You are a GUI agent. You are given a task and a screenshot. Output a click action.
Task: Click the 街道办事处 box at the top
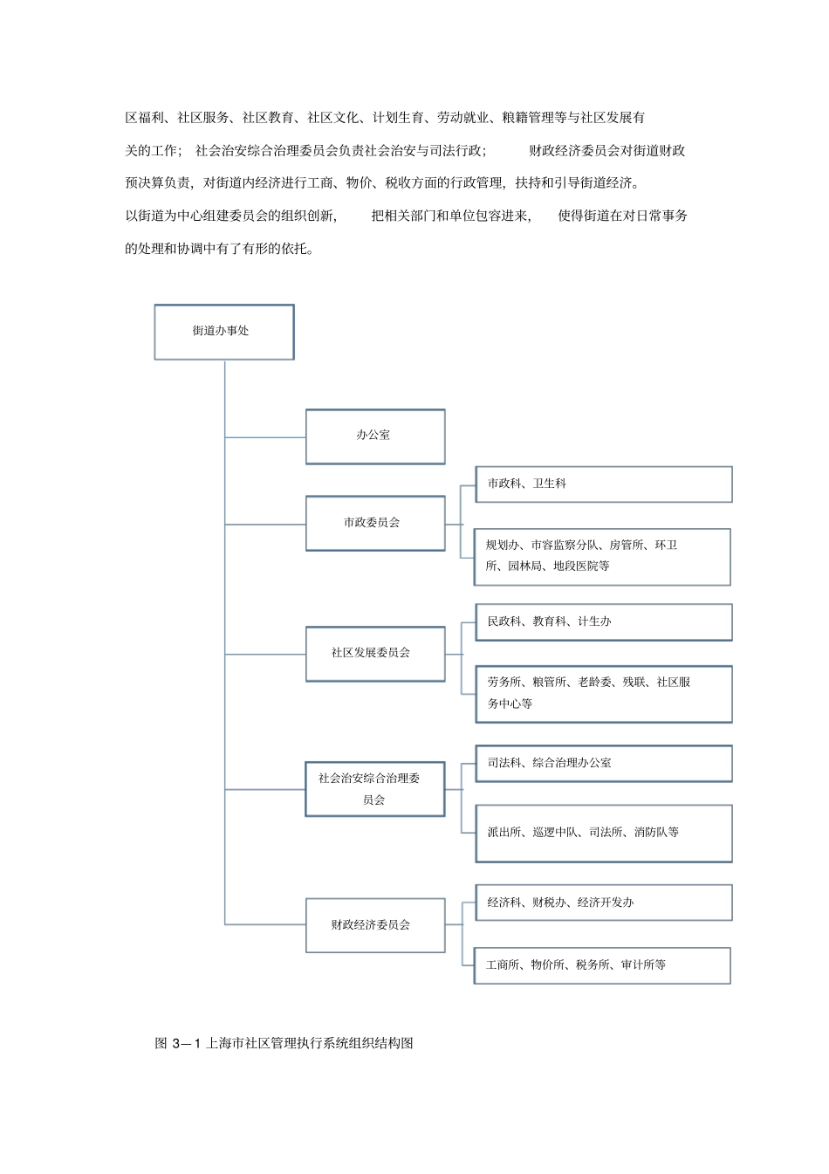coord(224,332)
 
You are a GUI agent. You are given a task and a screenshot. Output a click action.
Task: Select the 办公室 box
coord(375,436)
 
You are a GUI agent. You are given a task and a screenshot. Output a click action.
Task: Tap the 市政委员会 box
coord(375,523)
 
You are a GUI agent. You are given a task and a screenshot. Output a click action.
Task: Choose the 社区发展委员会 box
coord(375,653)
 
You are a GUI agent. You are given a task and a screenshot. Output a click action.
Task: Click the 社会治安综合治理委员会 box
coord(375,789)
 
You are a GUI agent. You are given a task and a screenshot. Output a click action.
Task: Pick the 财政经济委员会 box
coord(375,925)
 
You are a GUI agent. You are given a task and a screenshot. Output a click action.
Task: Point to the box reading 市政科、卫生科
coord(603,484)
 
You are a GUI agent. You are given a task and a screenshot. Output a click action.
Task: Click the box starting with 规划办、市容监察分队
coord(602,556)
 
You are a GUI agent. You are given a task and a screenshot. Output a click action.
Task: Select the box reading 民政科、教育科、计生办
coord(603,622)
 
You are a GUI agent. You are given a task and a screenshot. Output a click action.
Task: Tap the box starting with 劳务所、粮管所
coord(603,694)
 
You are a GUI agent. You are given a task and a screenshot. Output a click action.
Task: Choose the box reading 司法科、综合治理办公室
coord(603,764)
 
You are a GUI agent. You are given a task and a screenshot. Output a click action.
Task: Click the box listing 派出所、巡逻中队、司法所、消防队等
coord(603,834)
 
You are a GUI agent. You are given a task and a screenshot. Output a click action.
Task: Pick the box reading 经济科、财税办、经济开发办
coord(603,903)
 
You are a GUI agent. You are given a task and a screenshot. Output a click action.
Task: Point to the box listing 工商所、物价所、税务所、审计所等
coord(602,965)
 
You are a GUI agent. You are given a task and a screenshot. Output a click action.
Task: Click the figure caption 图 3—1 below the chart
coord(284,1043)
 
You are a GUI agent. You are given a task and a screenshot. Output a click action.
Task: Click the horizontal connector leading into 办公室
coord(265,436)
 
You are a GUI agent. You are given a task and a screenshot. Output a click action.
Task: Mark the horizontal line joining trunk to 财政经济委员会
coord(265,924)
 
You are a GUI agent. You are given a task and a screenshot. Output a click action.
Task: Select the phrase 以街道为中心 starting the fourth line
coord(165,216)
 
